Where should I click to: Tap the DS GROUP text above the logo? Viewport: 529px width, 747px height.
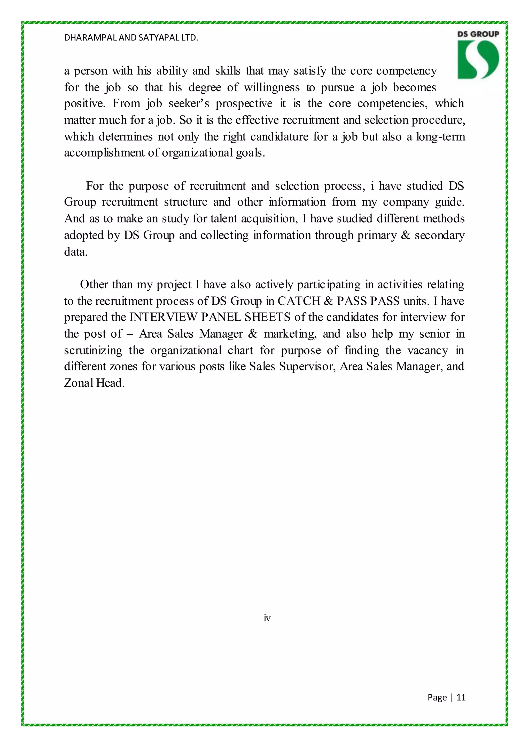point(478,34)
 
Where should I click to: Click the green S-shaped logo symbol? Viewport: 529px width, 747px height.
point(478,60)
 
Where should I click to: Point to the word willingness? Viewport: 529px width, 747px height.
point(272,87)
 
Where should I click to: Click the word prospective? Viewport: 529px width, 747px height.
point(244,104)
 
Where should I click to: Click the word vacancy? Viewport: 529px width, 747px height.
point(428,350)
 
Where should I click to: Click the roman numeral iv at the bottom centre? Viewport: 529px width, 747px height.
point(267,618)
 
